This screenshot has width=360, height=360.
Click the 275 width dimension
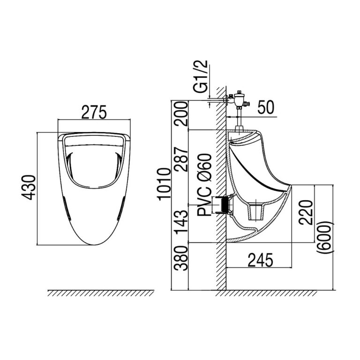tap(94, 112)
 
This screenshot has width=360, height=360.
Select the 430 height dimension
tap(29, 187)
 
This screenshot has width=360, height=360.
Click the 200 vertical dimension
tap(180, 115)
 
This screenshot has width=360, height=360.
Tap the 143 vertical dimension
tap(180, 220)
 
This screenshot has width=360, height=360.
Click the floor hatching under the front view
tap(101, 293)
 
